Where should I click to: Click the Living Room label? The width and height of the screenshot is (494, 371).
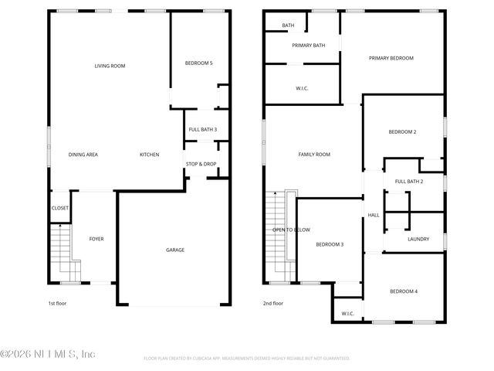click(x=110, y=66)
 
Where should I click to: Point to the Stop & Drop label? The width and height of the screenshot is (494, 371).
click(x=201, y=164)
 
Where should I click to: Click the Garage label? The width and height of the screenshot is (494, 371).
click(x=175, y=250)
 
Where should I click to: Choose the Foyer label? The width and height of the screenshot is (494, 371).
click(x=96, y=239)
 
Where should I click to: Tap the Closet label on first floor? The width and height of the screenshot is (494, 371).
click(x=60, y=208)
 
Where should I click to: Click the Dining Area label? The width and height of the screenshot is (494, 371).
click(x=83, y=155)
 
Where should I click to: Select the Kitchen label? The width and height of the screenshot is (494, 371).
click(x=149, y=155)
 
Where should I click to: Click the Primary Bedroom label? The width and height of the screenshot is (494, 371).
click(x=391, y=58)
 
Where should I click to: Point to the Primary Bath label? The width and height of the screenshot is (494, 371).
click(x=308, y=46)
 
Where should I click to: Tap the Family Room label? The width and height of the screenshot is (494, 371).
click(x=314, y=155)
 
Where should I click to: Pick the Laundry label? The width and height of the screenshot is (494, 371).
click(x=418, y=239)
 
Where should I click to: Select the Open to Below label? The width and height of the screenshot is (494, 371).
click(x=291, y=230)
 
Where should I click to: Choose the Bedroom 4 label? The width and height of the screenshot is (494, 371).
click(x=403, y=291)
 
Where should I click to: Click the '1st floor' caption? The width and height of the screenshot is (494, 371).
click(x=57, y=304)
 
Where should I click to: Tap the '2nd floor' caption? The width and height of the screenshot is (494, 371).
click(x=273, y=304)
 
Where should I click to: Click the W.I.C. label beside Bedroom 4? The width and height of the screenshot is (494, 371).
click(x=347, y=313)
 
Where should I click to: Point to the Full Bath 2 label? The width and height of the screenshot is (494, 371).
click(x=409, y=181)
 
